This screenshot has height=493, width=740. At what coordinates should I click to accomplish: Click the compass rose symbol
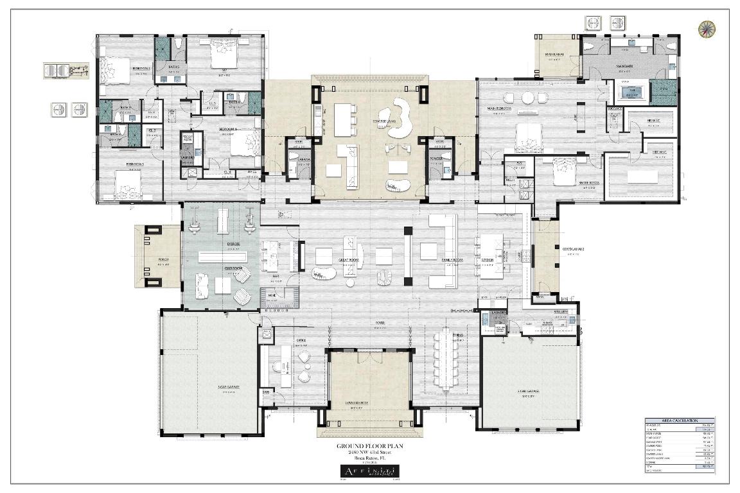707,28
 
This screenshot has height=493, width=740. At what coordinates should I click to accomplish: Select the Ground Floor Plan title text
369,445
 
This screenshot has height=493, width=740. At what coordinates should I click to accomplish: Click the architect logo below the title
369,472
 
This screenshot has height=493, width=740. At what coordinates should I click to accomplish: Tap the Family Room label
452,260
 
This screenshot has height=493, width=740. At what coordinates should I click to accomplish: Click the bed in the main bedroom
528,136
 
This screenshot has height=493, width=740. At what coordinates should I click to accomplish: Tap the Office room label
301,340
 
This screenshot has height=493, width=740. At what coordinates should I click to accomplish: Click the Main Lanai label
554,55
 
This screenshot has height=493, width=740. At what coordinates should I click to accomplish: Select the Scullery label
552,312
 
